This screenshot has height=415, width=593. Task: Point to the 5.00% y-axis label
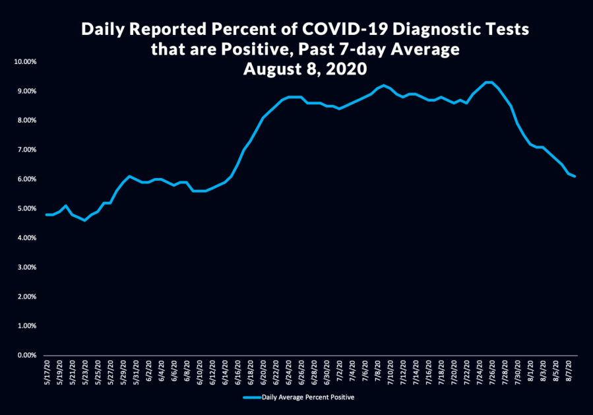click(26, 208)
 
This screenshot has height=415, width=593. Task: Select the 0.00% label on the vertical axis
click(26, 355)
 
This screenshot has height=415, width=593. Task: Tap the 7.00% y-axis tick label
click(26, 150)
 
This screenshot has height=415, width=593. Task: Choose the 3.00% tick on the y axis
click(26, 267)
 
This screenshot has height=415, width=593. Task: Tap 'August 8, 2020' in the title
click(304, 69)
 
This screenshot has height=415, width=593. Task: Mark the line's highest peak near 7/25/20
click(488, 82)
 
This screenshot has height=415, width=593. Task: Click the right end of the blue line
click(575, 176)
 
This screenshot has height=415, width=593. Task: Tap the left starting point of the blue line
click(46, 214)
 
